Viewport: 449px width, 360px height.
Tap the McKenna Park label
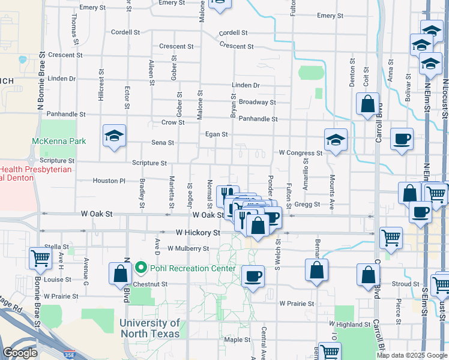point(59,142)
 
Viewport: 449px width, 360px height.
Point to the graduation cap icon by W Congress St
point(336,140)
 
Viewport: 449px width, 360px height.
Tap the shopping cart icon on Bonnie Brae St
point(41,258)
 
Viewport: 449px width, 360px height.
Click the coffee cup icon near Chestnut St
point(253,276)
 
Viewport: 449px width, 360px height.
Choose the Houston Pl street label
point(109,181)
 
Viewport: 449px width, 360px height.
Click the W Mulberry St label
point(188,248)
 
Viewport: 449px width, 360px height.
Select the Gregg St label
point(307,205)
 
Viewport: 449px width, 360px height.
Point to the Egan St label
point(217,134)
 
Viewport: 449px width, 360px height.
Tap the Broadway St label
point(257,102)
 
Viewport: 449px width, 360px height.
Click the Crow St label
point(173,122)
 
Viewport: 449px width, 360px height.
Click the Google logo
point(20,353)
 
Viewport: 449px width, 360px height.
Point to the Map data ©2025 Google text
point(411,355)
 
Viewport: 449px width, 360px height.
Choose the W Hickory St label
point(198,232)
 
